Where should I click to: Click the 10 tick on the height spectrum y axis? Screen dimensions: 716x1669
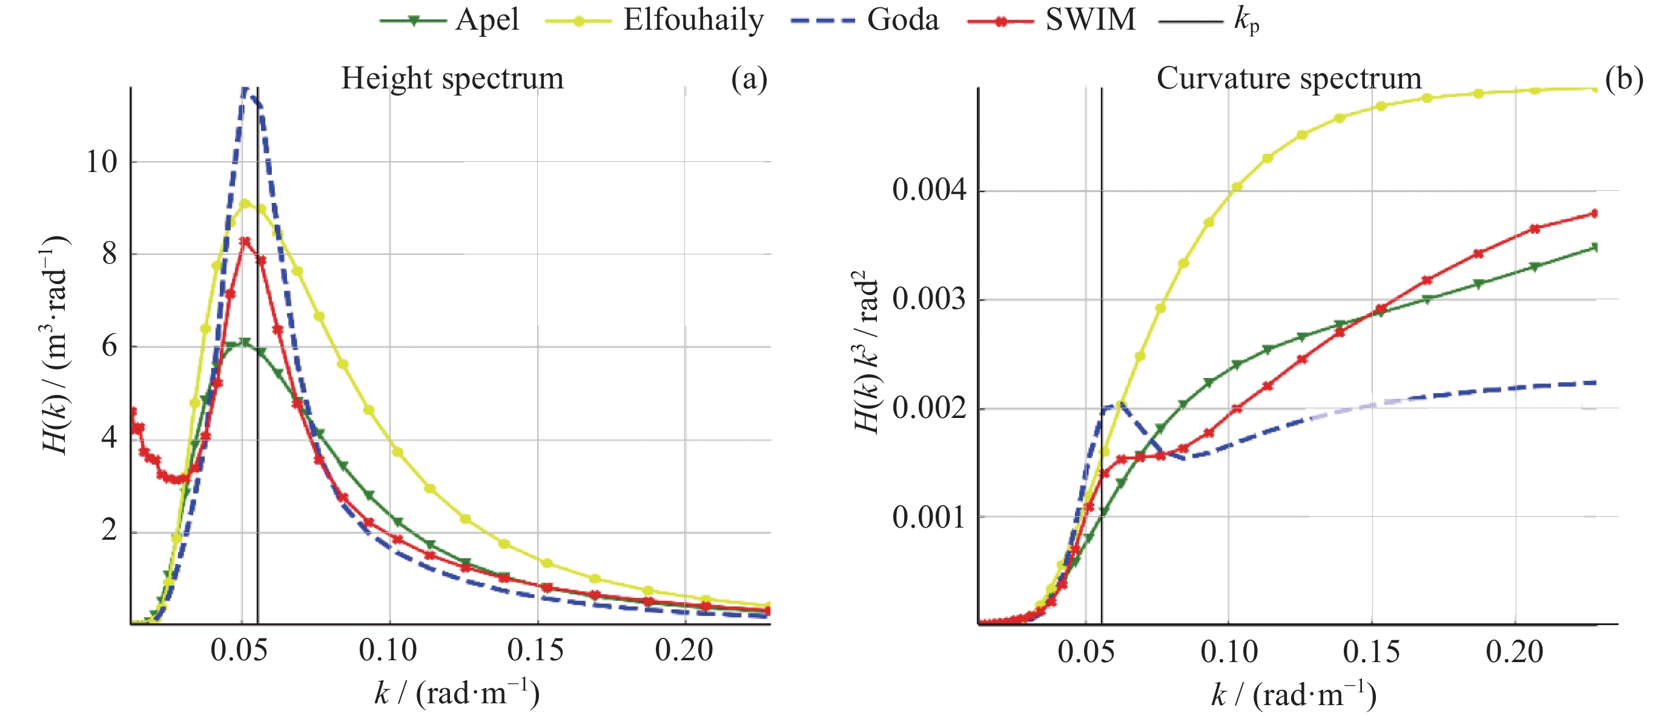tap(102, 162)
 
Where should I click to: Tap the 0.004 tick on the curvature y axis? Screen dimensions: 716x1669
tap(929, 190)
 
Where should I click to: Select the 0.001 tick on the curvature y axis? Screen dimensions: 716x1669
tap(929, 518)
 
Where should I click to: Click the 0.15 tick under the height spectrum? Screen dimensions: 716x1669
tap(535, 650)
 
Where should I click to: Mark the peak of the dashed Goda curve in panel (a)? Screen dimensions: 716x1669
tap(245, 90)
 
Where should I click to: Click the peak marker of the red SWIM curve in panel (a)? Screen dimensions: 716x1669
tap(245, 242)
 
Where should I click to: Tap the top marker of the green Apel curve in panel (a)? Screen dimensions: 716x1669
tap(244, 342)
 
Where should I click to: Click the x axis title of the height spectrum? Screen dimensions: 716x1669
tap(457, 694)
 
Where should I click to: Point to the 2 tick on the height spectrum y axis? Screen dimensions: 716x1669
tap(110, 531)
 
